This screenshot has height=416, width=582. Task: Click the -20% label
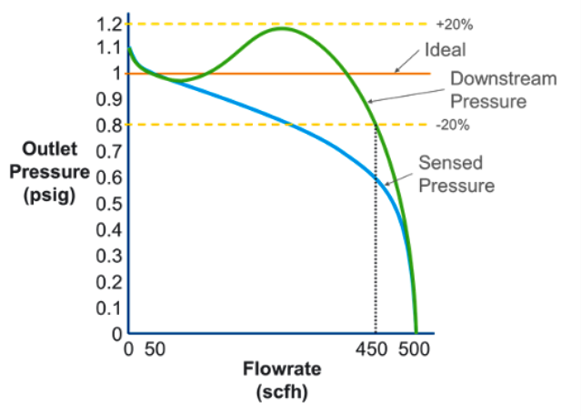coord(453,126)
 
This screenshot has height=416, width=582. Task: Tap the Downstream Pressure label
coord(503,89)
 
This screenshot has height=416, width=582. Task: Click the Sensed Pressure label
coord(456,174)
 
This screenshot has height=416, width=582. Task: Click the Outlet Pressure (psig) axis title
coord(50,172)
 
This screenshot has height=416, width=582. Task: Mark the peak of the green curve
coord(282,28)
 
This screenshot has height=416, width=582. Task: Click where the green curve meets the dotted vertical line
coord(376,126)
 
